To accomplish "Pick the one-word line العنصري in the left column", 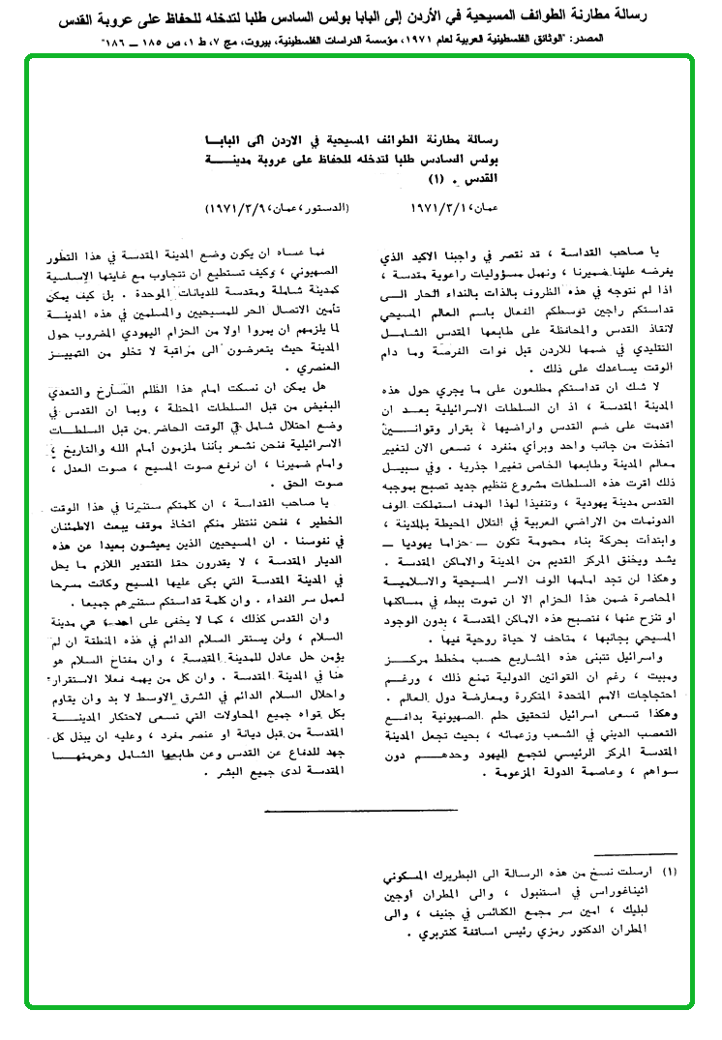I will point(326,368).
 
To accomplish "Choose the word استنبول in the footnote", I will point(557,889).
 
